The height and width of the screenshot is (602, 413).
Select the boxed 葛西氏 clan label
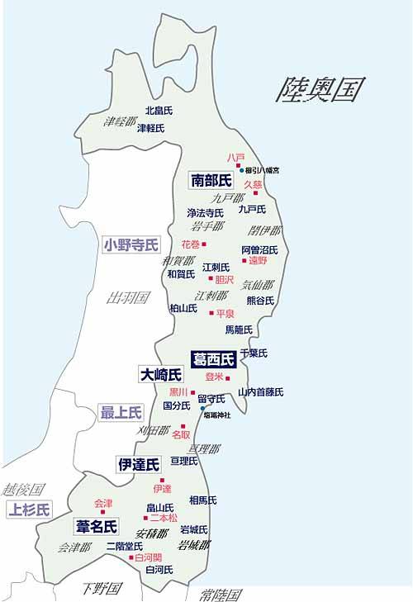214,359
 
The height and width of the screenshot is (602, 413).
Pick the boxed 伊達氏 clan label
138,464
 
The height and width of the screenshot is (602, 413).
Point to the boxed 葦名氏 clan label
97,526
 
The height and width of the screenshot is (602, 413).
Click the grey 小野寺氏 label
131,244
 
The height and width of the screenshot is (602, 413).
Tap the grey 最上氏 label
121,412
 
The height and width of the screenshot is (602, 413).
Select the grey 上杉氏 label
28,509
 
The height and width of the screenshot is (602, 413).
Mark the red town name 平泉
225,313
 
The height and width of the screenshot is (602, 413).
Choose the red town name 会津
103,502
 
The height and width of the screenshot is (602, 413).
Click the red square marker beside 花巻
203,244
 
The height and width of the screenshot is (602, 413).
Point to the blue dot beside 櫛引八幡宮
242,171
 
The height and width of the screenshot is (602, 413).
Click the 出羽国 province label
128,297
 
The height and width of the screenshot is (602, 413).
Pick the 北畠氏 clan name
159,110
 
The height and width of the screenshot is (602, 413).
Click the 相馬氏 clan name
202,500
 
